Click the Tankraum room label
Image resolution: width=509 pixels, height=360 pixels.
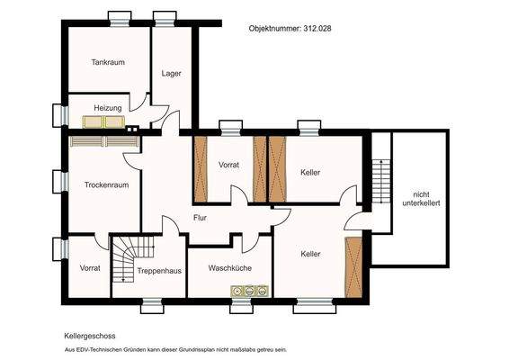click(x=108, y=62)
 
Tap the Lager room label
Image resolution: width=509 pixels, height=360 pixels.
click(x=172, y=74)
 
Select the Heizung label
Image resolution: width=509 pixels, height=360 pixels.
click(x=108, y=108)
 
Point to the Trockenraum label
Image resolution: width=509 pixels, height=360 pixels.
click(x=106, y=184)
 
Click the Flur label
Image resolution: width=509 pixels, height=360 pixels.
click(x=200, y=218)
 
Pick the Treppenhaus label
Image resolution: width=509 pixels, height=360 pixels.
click(x=159, y=271)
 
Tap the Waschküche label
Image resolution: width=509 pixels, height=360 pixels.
click(x=230, y=268)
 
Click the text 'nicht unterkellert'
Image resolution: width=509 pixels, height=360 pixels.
click(x=422, y=199)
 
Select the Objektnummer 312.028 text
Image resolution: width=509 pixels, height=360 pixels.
click(x=290, y=28)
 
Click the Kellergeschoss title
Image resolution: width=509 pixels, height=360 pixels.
click(x=90, y=336)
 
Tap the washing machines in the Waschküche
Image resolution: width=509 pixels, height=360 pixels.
click(x=250, y=291)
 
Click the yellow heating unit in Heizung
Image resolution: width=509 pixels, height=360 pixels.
click(x=103, y=121)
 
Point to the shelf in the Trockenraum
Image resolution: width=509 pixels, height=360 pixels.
click(x=104, y=141)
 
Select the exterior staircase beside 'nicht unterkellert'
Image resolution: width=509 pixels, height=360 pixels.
click(x=381, y=181)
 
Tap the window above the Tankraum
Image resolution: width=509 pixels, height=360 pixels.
click(x=120, y=19)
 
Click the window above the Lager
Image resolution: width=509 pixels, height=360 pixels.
click(x=165, y=19)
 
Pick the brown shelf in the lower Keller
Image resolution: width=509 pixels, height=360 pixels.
click(x=353, y=267)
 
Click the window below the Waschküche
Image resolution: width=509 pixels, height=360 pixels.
click(x=241, y=306)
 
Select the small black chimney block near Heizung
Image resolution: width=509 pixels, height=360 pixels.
click(x=132, y=129)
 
